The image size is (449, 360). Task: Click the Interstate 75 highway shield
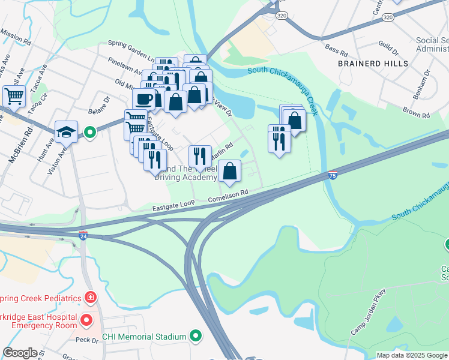tap(333, 175)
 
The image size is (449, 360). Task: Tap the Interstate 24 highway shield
tap(83, 236)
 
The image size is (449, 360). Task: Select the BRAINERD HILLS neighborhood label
tap(373, 63)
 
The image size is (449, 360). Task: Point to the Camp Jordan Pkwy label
tap(369, 312)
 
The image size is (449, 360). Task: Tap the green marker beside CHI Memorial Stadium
tap(195, 336)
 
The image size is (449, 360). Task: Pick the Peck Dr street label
tap(86, 340)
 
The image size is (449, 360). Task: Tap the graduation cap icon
tap(66, 131)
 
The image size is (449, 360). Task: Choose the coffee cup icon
tap(144, 98)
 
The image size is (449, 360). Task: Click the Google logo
tap(20, 352)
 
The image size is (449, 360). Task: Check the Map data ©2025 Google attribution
tap(412, 355)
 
